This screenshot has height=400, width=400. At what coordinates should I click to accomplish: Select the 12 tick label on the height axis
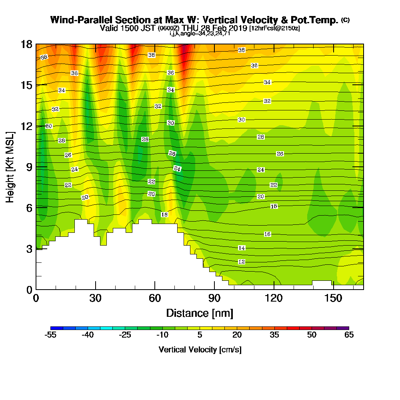(x=26, y=126)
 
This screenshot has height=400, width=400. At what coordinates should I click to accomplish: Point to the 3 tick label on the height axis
(x=29, y=249)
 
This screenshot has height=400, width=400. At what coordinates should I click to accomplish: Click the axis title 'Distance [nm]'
(x=200, y=313)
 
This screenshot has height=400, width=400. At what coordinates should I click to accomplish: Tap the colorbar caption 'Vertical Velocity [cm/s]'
(x=200, y=350)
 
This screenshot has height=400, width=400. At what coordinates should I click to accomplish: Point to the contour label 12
(x=242, y=262)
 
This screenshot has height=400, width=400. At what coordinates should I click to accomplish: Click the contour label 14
(x=242, y=248)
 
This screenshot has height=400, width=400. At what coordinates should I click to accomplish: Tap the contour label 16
(x=268, y=234)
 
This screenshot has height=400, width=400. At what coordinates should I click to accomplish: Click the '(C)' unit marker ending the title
(x=345, y=20)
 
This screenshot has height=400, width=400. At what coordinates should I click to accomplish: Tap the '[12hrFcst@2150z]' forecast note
(x=274, y=28)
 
